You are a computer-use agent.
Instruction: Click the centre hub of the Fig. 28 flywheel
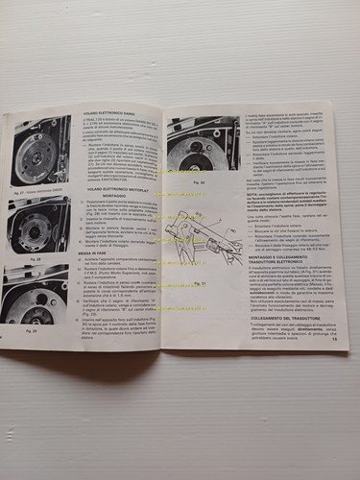[41, 228]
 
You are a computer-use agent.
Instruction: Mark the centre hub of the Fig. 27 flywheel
[41, 155]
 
